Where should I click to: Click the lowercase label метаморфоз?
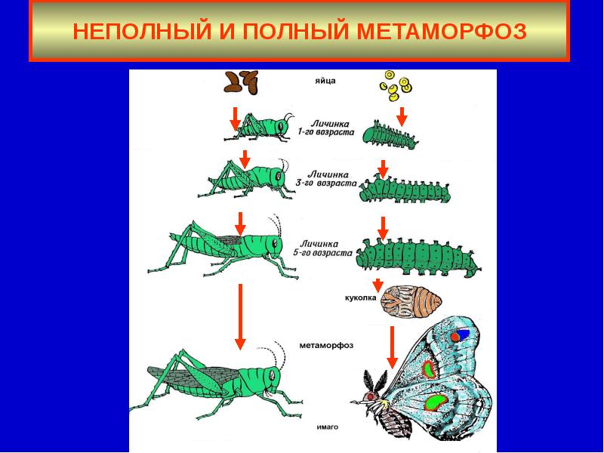tap(326, 346)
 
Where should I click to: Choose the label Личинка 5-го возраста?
tap(325, 249)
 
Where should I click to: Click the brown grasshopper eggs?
tap(241, 82)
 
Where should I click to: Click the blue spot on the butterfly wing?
tap(462, 332)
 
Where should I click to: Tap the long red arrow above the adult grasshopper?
tap(240, 316)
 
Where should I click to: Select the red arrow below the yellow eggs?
tap(402, 116)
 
